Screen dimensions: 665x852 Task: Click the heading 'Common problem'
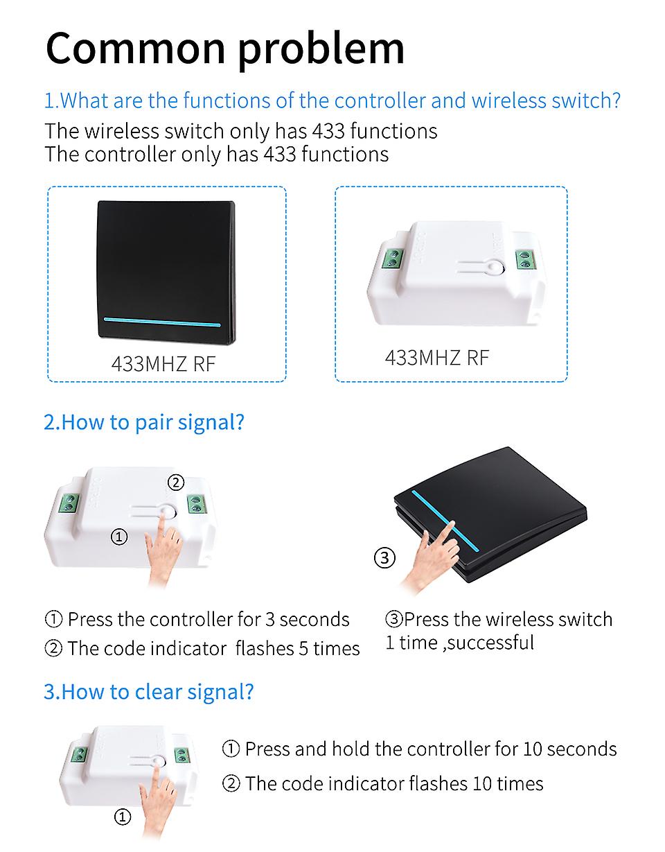(225, 50)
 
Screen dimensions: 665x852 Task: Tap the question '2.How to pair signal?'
(143, 422)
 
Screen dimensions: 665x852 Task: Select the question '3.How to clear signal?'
(149, 691)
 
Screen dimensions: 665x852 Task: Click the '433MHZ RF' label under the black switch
(163, 363)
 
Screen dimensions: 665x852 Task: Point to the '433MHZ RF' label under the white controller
(437, 357)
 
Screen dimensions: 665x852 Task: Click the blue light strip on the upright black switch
(162, 322)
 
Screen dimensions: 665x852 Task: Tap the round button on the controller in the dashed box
(495, 268)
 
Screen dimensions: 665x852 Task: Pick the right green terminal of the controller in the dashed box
(525, 259)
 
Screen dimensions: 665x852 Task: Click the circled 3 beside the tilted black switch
(384, 557)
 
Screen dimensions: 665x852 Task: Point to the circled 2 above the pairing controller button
(176, 482)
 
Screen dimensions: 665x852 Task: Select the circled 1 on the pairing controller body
(119, 537)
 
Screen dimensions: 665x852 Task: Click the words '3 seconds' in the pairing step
(307, 620)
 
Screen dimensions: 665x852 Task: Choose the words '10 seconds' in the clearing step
(570, 749)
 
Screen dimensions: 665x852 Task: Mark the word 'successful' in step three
(490, 643)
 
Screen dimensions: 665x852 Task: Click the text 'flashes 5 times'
(298, 648)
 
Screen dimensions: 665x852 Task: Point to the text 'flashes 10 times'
(476, 783)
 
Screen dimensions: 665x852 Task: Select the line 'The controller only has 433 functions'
(217, 154)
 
